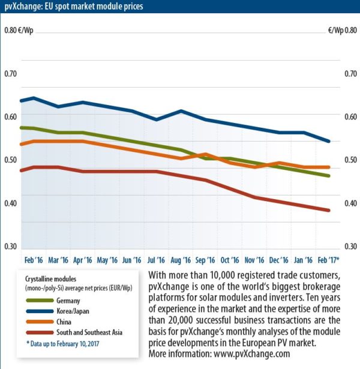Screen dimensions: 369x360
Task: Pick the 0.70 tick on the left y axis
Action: pyautogui.click(x=11, y=74)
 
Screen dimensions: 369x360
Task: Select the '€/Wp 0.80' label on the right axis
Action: pyautogui.click(x=341, y=30)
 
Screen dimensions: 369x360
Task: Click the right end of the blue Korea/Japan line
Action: pyautogui.click(x=329, y=142)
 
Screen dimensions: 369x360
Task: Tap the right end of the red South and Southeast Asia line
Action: pyautogui.click(x=329, y=211)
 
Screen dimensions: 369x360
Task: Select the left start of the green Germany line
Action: pyautogui.click(x=21, y=127)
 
